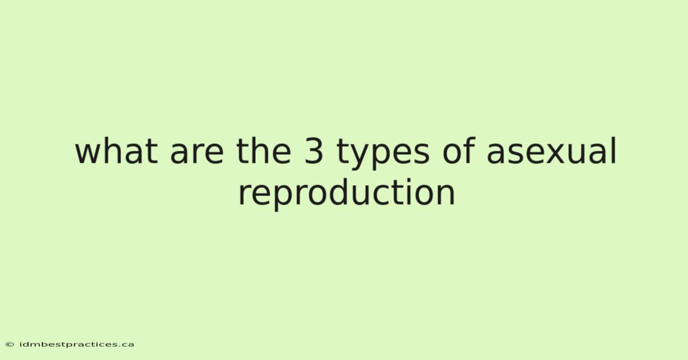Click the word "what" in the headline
point(116,151)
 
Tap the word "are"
point(197,154)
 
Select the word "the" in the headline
point(264,151)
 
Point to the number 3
point(314,151)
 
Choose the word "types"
point(383,154)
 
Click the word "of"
point(459,151)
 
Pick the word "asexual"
point(552,151)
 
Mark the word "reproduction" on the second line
point(346,194)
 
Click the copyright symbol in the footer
point(10,345)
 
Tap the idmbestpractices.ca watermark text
point(77,345)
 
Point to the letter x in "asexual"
point(554,154)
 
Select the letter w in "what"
point(89,154)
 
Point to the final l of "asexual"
point(613,151)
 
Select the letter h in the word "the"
point(259,151)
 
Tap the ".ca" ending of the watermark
point(126,345)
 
